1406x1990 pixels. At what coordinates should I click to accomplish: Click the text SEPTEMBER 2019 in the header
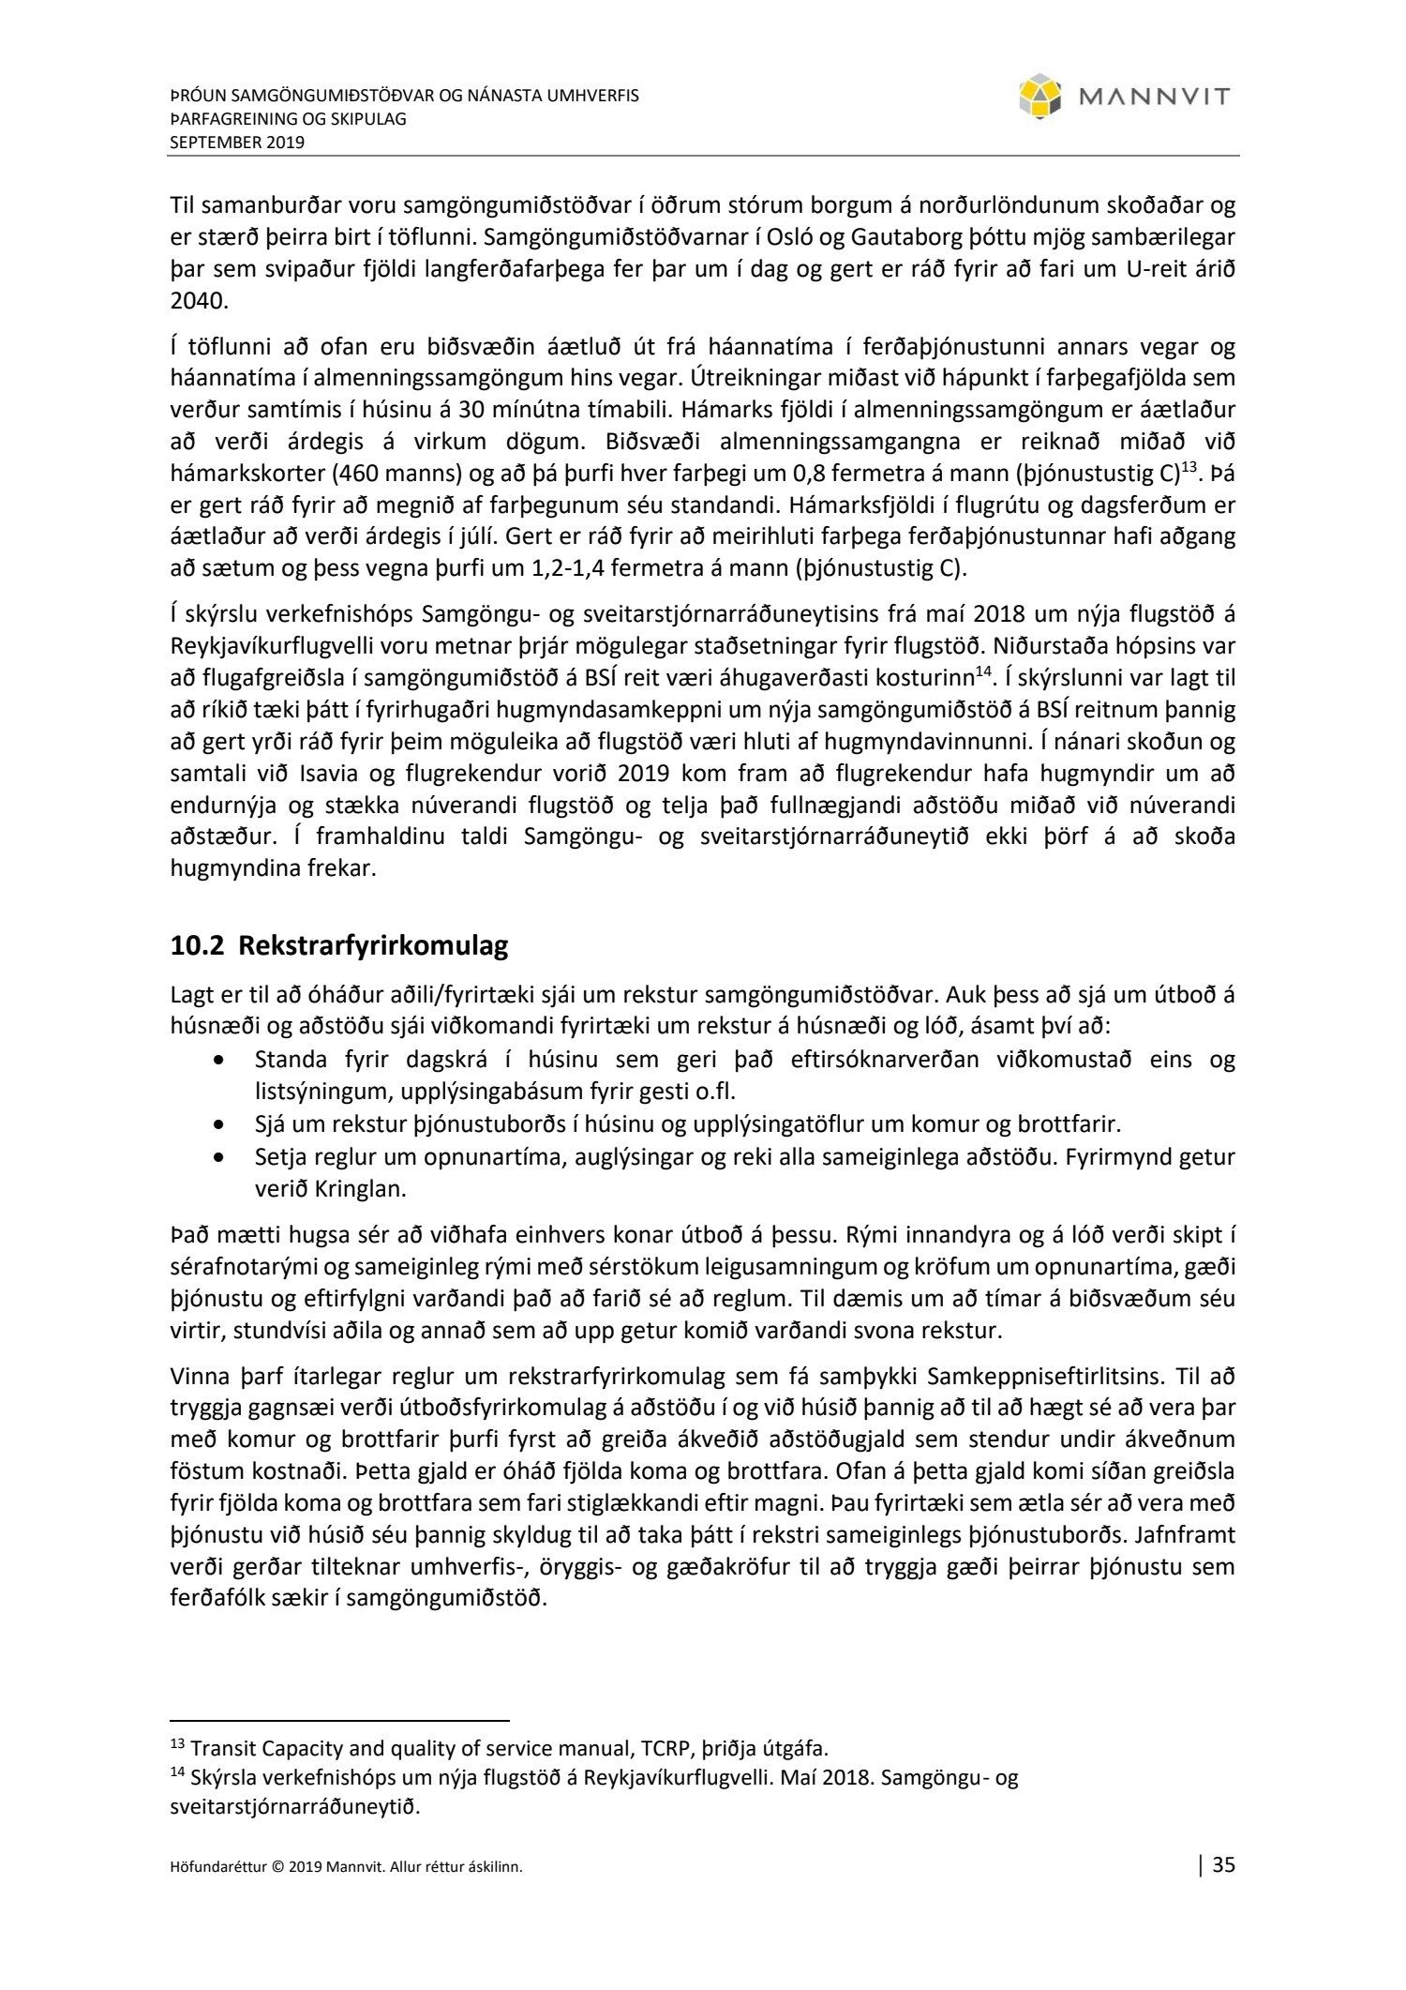click(x=237, y=143)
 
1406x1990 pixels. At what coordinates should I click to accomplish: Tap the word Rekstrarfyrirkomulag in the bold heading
click(x=373, y=945)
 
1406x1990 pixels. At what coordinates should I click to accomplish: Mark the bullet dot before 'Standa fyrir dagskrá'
click(x=219, y=1061)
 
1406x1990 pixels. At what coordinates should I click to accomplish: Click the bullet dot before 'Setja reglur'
click(x=219, y=1157)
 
